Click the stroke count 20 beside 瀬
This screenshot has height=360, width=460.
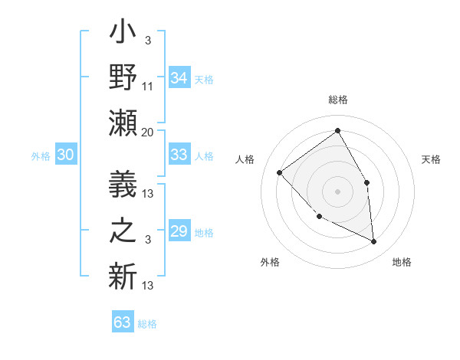point(147,133)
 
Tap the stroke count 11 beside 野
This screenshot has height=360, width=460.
point(148,87)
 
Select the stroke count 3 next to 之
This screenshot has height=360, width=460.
point(147,241)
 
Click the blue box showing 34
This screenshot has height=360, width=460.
point(179,78)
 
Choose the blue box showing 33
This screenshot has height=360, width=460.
point(179,155)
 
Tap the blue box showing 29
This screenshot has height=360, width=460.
point(179,231)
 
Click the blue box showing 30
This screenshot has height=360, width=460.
point(65,155)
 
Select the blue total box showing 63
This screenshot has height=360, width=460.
point(122,322)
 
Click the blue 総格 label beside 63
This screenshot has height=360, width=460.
point(147,324)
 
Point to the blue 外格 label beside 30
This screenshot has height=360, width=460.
point(41,156)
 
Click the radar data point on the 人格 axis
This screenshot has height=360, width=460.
point(280,172)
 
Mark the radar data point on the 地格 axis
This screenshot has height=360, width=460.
point(373,241)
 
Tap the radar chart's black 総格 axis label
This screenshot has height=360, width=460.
point(337,100)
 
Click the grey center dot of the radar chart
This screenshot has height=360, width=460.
point(337,191)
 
